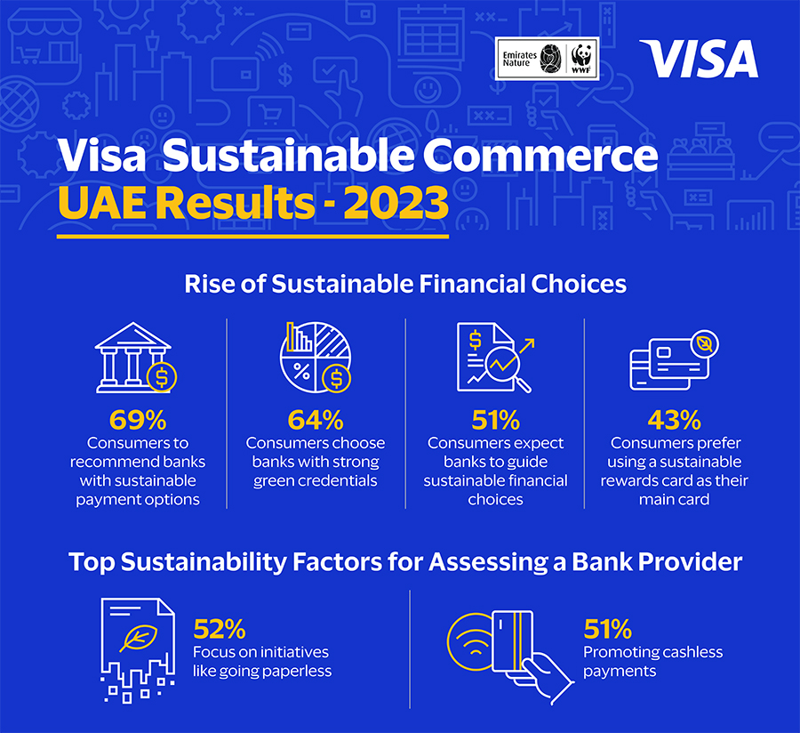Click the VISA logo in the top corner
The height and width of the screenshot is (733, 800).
[x=699, y=59]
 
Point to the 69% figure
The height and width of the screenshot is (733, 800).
[x=137, y=419]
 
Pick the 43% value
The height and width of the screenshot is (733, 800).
[x=674, y=419]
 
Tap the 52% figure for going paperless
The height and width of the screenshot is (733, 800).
[x=219, y=630]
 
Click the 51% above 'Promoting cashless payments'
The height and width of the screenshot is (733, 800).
[x=610, y=630]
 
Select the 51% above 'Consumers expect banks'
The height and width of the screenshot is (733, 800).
[x=495, y=419]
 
